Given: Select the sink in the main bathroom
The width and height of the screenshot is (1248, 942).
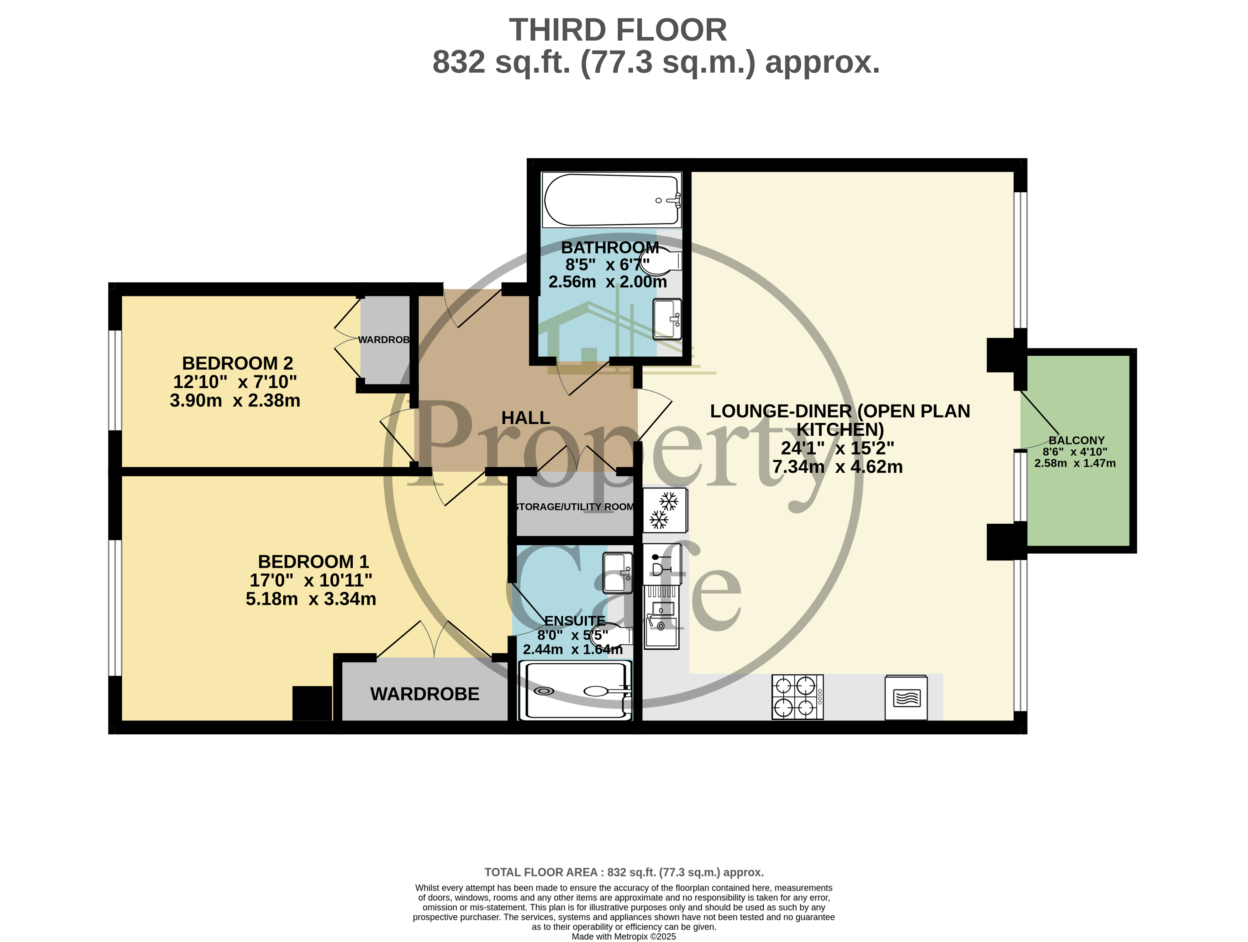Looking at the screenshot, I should (x=667, y=319).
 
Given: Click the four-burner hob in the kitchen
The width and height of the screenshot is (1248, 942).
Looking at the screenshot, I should (x=797, y=697).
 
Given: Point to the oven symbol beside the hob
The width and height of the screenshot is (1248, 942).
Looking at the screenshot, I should (x=906, y=698).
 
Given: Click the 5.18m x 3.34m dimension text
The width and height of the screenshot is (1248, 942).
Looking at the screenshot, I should (x=311, y=599).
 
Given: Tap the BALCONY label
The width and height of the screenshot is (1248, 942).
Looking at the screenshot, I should (x=1076, y=440).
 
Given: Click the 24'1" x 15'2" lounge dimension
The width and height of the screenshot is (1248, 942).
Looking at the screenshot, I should (x=837, y=448).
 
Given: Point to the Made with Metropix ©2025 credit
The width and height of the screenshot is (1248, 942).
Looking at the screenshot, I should (x=623, y=936).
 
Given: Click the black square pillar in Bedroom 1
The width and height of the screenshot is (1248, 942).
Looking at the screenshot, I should (x=312, y=703).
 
